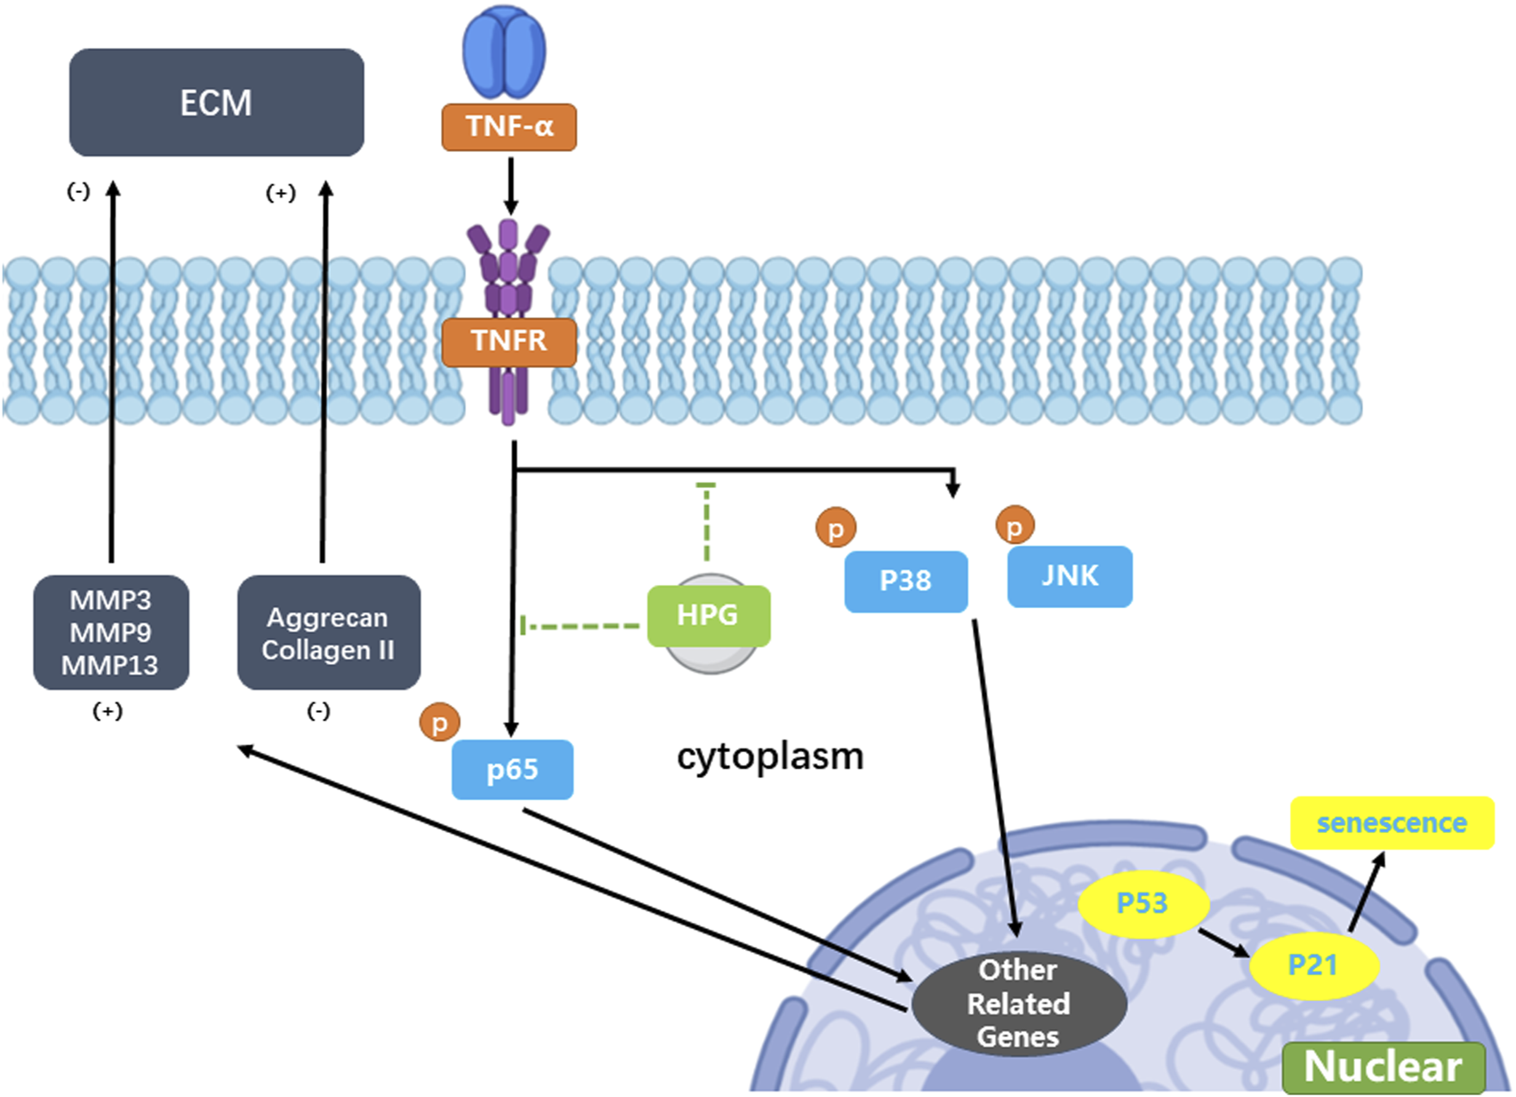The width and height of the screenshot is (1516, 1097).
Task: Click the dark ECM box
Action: click(216, 102)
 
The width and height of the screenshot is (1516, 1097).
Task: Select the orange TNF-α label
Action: click(509, 127)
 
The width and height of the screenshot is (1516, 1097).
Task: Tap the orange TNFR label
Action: click(509, 341)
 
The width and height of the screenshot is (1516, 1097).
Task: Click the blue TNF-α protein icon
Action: click(504, 54)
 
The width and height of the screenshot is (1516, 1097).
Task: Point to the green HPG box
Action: click(708, 615)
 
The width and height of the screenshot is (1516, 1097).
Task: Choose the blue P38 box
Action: click(905, 581)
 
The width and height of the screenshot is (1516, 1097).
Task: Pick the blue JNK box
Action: click(1070, 577)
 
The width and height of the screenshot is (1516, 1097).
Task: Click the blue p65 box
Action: click(512, 770)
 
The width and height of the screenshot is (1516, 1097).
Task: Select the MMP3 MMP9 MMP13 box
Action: click(110, 633)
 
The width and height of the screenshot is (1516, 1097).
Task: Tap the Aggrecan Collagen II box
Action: click(328, 633)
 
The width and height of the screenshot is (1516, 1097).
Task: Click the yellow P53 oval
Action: click(1143, 904)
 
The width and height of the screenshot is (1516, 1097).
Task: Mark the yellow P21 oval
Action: click(1313, 965)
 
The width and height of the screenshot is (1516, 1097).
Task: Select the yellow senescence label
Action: click(1392, 823)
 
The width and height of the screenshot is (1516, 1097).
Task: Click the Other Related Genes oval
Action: click(1019, 1004)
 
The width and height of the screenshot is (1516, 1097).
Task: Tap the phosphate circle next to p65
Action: click(439, 723)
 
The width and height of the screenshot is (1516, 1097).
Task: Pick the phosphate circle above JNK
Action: click(1015, 526)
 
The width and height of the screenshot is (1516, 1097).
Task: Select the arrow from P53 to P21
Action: click(1223, 942)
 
